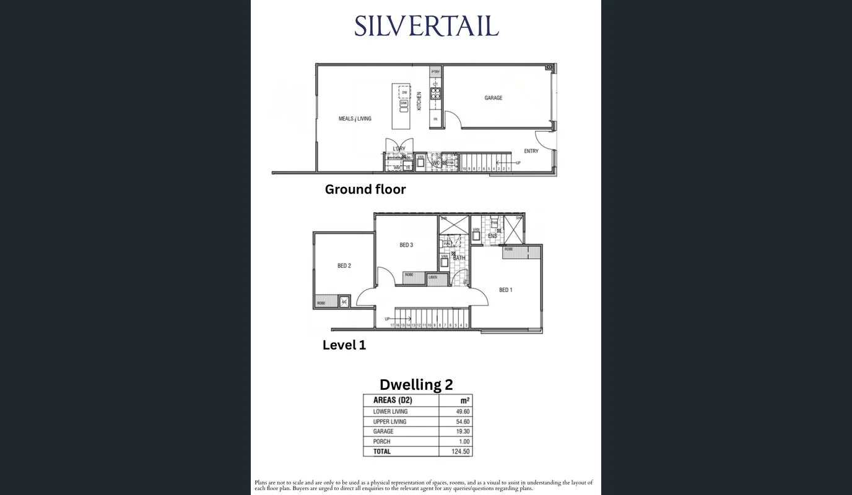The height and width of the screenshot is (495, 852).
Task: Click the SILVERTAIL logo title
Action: tap(426, 27)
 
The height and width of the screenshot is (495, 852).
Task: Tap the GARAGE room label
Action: tap(493, 98)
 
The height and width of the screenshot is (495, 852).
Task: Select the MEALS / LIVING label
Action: tap(355, 119)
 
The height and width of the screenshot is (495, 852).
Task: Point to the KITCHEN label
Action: tap(419, 101)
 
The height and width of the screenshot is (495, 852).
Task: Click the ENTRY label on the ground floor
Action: tap(531, 151)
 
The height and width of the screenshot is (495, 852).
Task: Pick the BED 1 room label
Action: tap(505, 290)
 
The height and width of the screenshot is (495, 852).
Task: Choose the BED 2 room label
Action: tap(344, 266)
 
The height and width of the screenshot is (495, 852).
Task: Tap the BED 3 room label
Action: tap(406, 245)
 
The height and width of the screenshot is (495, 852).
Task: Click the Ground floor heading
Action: tap(365, 189)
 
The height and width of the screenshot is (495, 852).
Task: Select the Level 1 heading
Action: tap(344, 345)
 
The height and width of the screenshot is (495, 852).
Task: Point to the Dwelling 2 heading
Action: tap(416, 384)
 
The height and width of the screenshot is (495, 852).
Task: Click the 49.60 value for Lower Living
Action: tap(462, 411)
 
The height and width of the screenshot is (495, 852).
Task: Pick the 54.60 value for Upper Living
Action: tap(462, 421)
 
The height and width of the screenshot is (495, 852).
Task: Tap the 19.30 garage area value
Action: tap(462, 431)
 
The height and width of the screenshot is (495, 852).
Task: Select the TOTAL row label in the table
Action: tap(382, 452)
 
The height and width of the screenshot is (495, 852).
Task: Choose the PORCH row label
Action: tap(381, 442)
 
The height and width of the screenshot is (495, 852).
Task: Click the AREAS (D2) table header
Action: tap(392, 400)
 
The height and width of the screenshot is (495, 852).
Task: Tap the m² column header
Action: tap(464, 400)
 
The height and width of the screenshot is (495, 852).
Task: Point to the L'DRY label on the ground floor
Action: tap(399, 148)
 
